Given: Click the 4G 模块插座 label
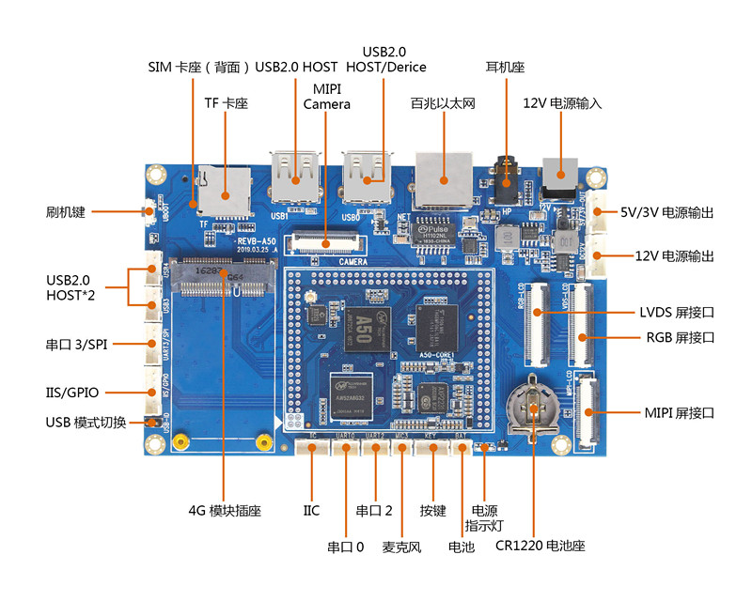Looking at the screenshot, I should pos(225,511).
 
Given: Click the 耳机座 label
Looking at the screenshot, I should pos(505,68).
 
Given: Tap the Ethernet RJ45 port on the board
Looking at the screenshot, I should pos(444,176).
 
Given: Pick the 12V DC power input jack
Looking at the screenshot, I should pos(562,177).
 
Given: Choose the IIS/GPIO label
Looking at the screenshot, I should pos(71,393).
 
